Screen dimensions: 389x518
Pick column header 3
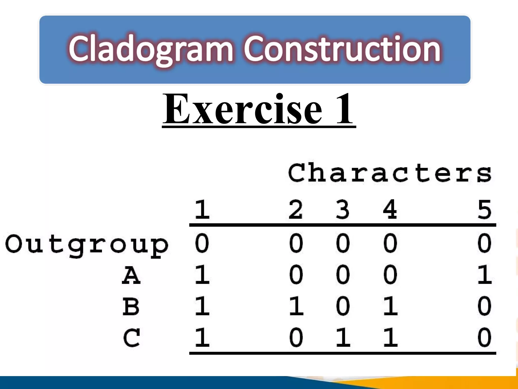coord(343,210)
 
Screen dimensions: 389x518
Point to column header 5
coord(484,210)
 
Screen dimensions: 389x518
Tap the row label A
coord(131,275)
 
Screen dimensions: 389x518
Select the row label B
coord(131,306)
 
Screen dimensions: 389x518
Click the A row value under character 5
coord(484,275)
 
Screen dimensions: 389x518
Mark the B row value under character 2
coord(296,306)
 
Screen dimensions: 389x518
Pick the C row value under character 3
coord(343,338)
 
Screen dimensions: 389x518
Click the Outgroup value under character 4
coord(390,243)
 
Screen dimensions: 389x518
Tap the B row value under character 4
coord(390,306)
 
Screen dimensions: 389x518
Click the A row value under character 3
coord(343,275)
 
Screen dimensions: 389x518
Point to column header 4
coord(390,210)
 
